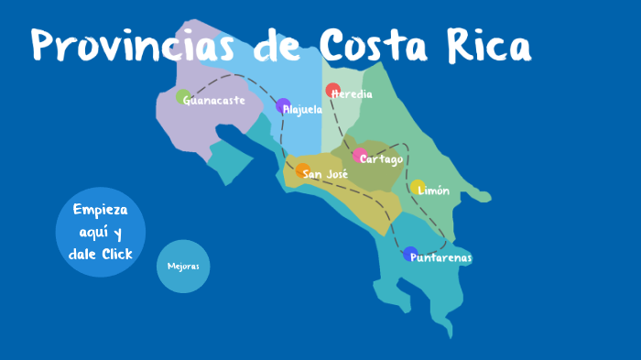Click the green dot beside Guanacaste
click(x=183, y=97)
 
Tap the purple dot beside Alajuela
click(x=283, y=105)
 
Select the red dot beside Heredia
click(x=332, y=90)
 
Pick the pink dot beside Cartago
click(x=360, y=156)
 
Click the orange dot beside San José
click(x=302, y=170)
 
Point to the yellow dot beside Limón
click(x=417, y=187)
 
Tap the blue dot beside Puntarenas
click(x=410, y=254)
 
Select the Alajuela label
click(x=305, y=110)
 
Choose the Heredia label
click(x=354, y=94)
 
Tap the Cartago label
click(x=384, y=159)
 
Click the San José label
click(x=328, y=174)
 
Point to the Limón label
click(x=435, y=191)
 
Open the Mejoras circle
click(x=183, y=267)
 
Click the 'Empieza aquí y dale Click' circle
click(x=100, y=231)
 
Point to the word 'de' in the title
click(x=278, y=44)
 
